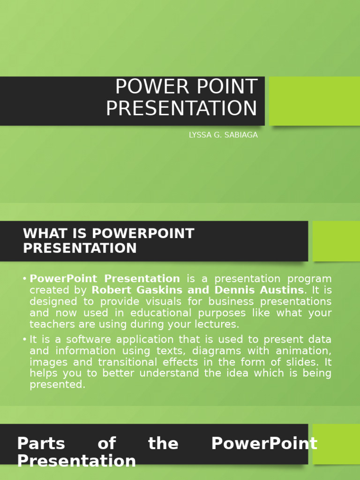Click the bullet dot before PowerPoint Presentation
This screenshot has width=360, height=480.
pos(24,279)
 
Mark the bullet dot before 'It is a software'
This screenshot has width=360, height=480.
pos(24,339)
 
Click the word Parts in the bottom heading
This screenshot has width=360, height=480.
pos(41,443)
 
